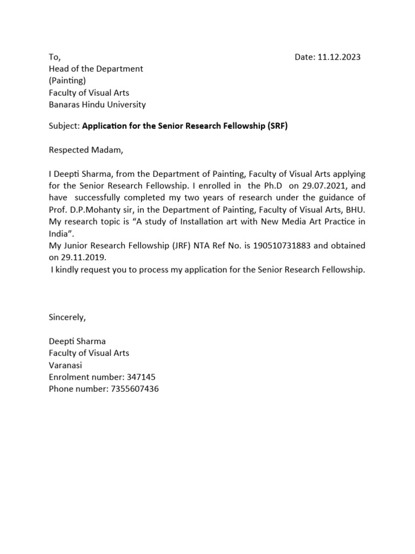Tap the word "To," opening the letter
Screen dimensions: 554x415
(55, 57)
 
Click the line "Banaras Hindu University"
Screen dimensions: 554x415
(97, 104)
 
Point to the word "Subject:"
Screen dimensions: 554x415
(64, 127)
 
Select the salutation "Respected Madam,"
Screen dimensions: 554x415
(86, 150)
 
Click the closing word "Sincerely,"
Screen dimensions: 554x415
(68, 318)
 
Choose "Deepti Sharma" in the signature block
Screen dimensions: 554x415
(77, 341)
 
